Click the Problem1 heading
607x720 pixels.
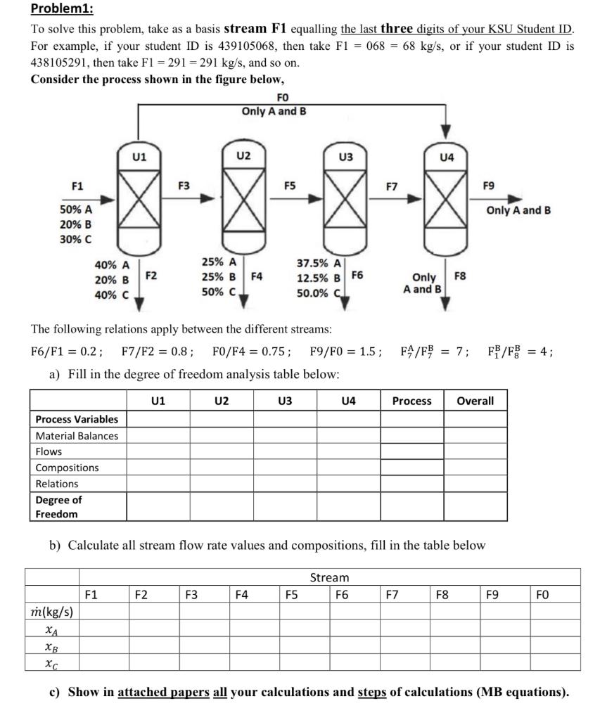(63, 10)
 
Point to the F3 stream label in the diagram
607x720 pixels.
(184, 186)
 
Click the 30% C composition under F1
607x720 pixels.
(75, 239)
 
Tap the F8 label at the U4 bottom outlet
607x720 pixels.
(460, 276)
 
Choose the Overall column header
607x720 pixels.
(475, 401)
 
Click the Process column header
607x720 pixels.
(411, 401)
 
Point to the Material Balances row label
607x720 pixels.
(77, 436)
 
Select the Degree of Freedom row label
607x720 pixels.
(59, 507)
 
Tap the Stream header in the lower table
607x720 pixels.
(329, 577)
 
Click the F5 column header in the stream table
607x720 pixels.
(290, 595)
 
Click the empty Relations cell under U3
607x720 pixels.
(285, 484)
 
